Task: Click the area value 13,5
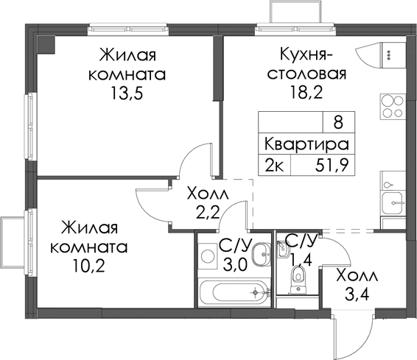pos(127,93)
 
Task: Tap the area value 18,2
pos(306,93)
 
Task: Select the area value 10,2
pos(89,266)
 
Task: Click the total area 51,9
pos(332,166)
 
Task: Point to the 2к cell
pos(274,166)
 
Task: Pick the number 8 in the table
pos(338,123)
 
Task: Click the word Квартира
pos(306,144)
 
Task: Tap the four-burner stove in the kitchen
pos(393,106)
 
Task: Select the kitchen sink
pos(393,202)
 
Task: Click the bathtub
pos(234,292)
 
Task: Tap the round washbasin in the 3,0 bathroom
pos(261,255)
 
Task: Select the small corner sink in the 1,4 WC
pos(283,250)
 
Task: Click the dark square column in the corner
pos(46,44)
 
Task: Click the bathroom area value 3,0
pos(235,265)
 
